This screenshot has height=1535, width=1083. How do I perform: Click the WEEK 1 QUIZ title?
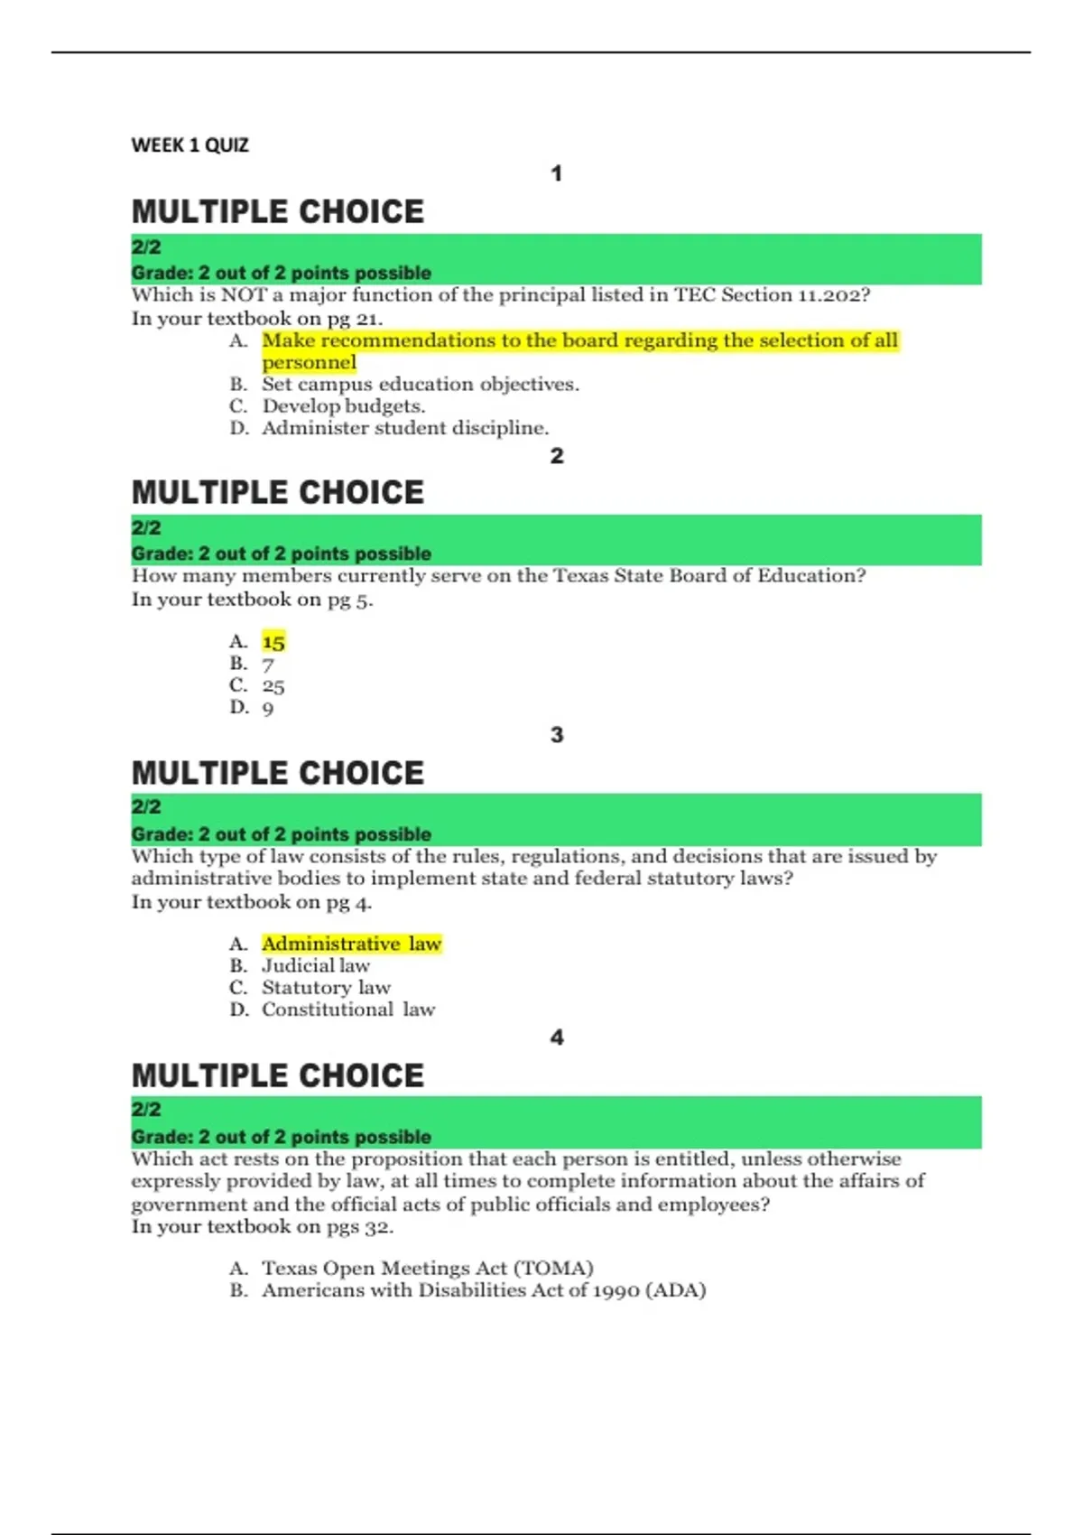190,145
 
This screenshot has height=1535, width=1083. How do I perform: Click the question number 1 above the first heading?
557,173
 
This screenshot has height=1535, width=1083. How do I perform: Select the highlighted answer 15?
273,642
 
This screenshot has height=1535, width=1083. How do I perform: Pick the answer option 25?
273,686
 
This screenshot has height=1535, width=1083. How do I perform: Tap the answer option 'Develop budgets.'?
343,406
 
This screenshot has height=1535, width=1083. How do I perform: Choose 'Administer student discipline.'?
405,428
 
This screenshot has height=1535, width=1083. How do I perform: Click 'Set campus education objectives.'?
421,385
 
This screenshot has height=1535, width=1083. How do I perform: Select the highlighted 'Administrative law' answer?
351,944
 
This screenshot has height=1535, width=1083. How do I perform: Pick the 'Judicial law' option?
316,966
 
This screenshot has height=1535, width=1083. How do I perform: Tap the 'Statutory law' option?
326,988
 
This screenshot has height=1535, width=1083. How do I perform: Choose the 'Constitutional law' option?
348,1009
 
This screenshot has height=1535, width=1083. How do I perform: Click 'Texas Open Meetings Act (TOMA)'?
428,1269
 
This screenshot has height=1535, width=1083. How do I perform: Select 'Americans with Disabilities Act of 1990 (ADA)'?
484,1290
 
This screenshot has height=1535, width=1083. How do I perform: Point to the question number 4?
557,1037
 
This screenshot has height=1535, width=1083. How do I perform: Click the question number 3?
557,735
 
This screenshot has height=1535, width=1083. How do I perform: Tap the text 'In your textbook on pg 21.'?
257,319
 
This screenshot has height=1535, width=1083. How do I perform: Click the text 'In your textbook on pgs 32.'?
263,1227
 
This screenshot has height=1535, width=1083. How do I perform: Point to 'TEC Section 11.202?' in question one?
773,295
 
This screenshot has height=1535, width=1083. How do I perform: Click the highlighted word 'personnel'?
309,363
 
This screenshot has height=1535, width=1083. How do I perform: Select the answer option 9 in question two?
268,709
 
